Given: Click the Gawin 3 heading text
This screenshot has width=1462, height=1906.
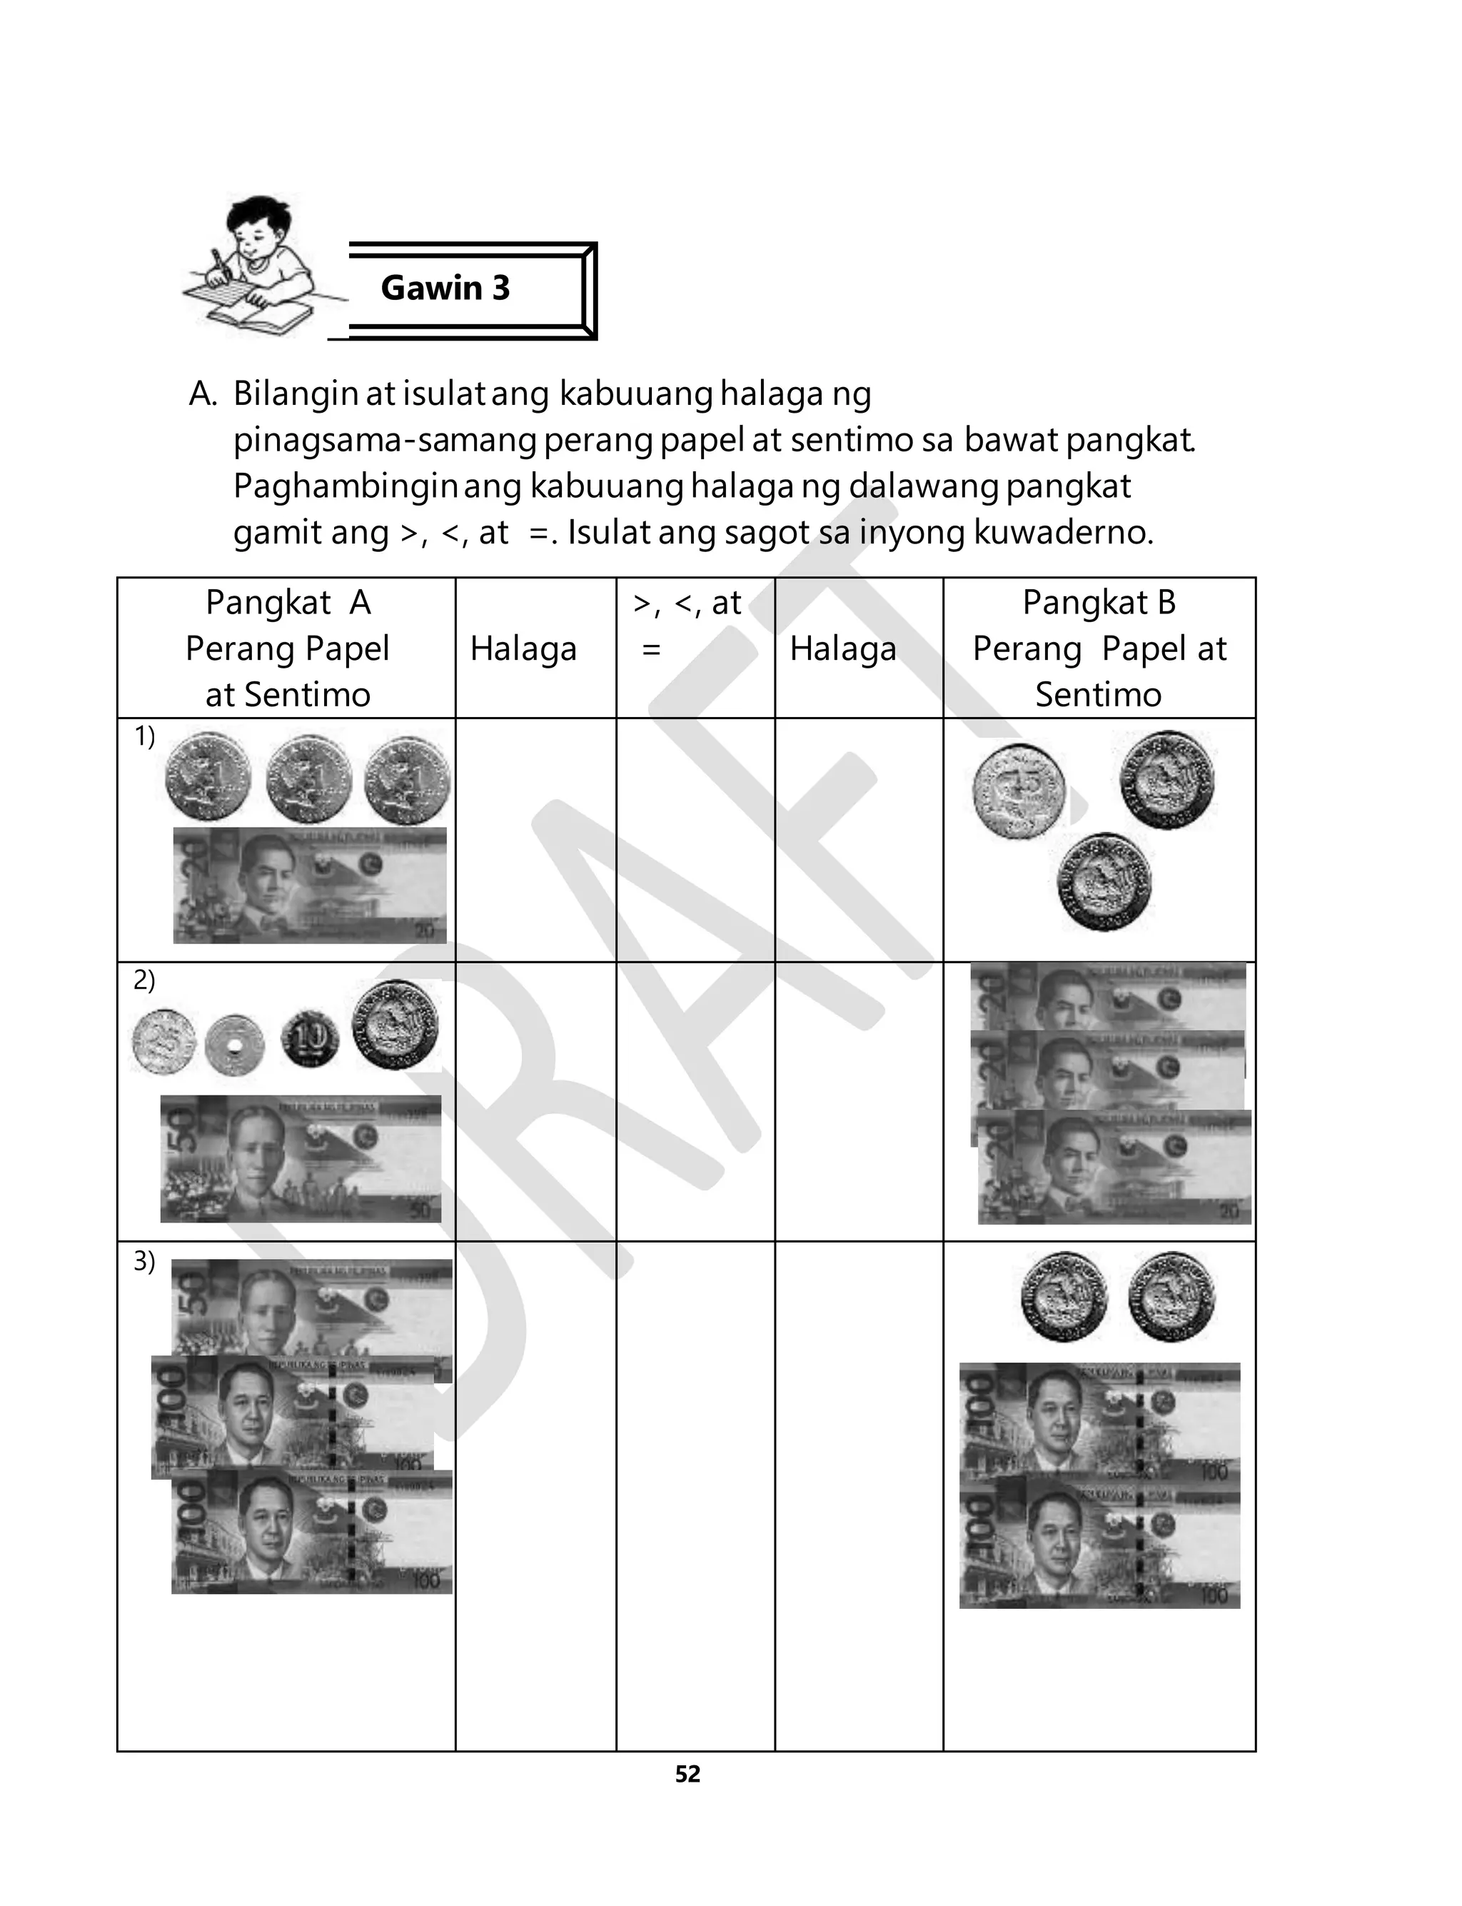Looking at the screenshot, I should pos(445,288).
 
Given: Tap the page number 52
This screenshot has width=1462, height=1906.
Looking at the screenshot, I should pos(687,1774).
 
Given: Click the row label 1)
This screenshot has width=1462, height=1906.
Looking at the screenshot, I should pos(144,736).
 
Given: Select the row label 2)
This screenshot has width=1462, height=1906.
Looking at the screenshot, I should pos(144,980).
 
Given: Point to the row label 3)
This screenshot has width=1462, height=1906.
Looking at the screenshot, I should pos(144,1261).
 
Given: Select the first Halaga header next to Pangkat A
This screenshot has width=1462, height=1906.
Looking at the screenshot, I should pos(523,649).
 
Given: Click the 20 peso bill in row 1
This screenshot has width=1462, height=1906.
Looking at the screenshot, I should pos(309,885).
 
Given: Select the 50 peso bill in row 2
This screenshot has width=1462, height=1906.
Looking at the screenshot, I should pos(301,1158).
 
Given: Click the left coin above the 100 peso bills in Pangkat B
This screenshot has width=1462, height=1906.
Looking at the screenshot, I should pos(1064,1296).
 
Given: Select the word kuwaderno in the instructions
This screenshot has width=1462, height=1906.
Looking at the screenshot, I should pos(1062,532).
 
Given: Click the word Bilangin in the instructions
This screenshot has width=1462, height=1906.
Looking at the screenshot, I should pos(295,394).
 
